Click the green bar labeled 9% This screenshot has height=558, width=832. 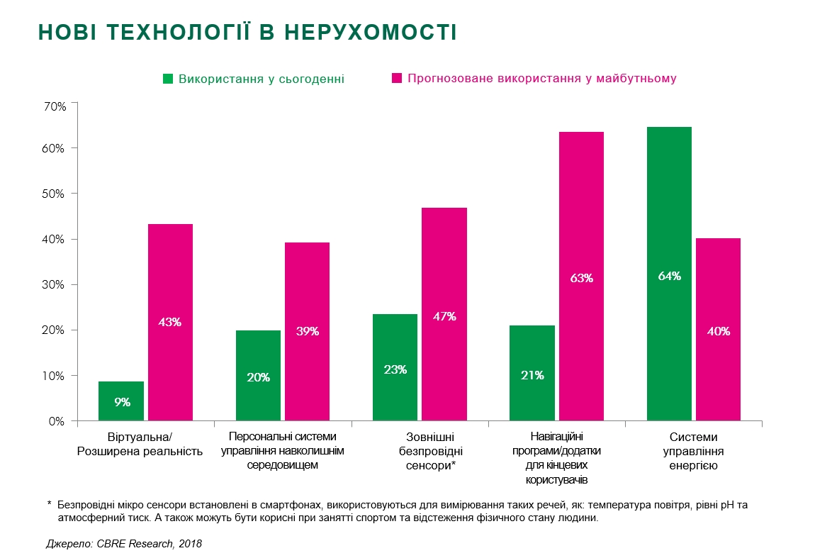coord(121,401)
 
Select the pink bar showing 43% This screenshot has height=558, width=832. coord(170,322)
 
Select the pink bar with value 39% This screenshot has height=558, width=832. coord(307,331)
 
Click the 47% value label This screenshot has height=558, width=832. coord(444,317)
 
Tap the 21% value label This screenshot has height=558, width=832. coord(532,375)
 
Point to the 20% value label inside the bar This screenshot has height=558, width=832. coord(258,377)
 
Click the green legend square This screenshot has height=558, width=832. coord(168,79)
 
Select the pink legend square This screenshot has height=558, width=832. coord(397,79)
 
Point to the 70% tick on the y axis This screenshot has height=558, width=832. coord(55,106)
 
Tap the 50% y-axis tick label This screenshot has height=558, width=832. coord(55,194)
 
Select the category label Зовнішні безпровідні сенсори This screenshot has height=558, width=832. coord(429,451)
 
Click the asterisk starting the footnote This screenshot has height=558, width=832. coord(50,505)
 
